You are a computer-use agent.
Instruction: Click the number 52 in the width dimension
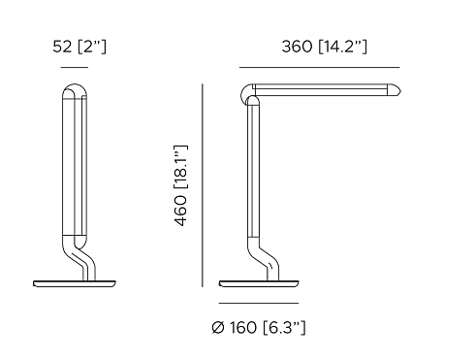(x=62, y=47)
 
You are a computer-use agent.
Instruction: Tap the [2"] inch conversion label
(x=92, y=48)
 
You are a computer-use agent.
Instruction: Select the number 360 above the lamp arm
(x=297, y=47)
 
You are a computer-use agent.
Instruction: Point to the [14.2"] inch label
(x=343, y=48)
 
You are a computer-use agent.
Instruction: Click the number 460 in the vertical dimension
(x=181, y=211)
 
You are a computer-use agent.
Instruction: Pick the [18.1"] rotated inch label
(x=181, y=167)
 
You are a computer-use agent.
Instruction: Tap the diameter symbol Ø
(x=218, y=328)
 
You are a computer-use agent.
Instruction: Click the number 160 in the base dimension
(x=243, y=328)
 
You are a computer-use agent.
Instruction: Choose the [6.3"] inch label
(x=284, y=328)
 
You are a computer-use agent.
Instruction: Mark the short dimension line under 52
(x=75, y=68)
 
